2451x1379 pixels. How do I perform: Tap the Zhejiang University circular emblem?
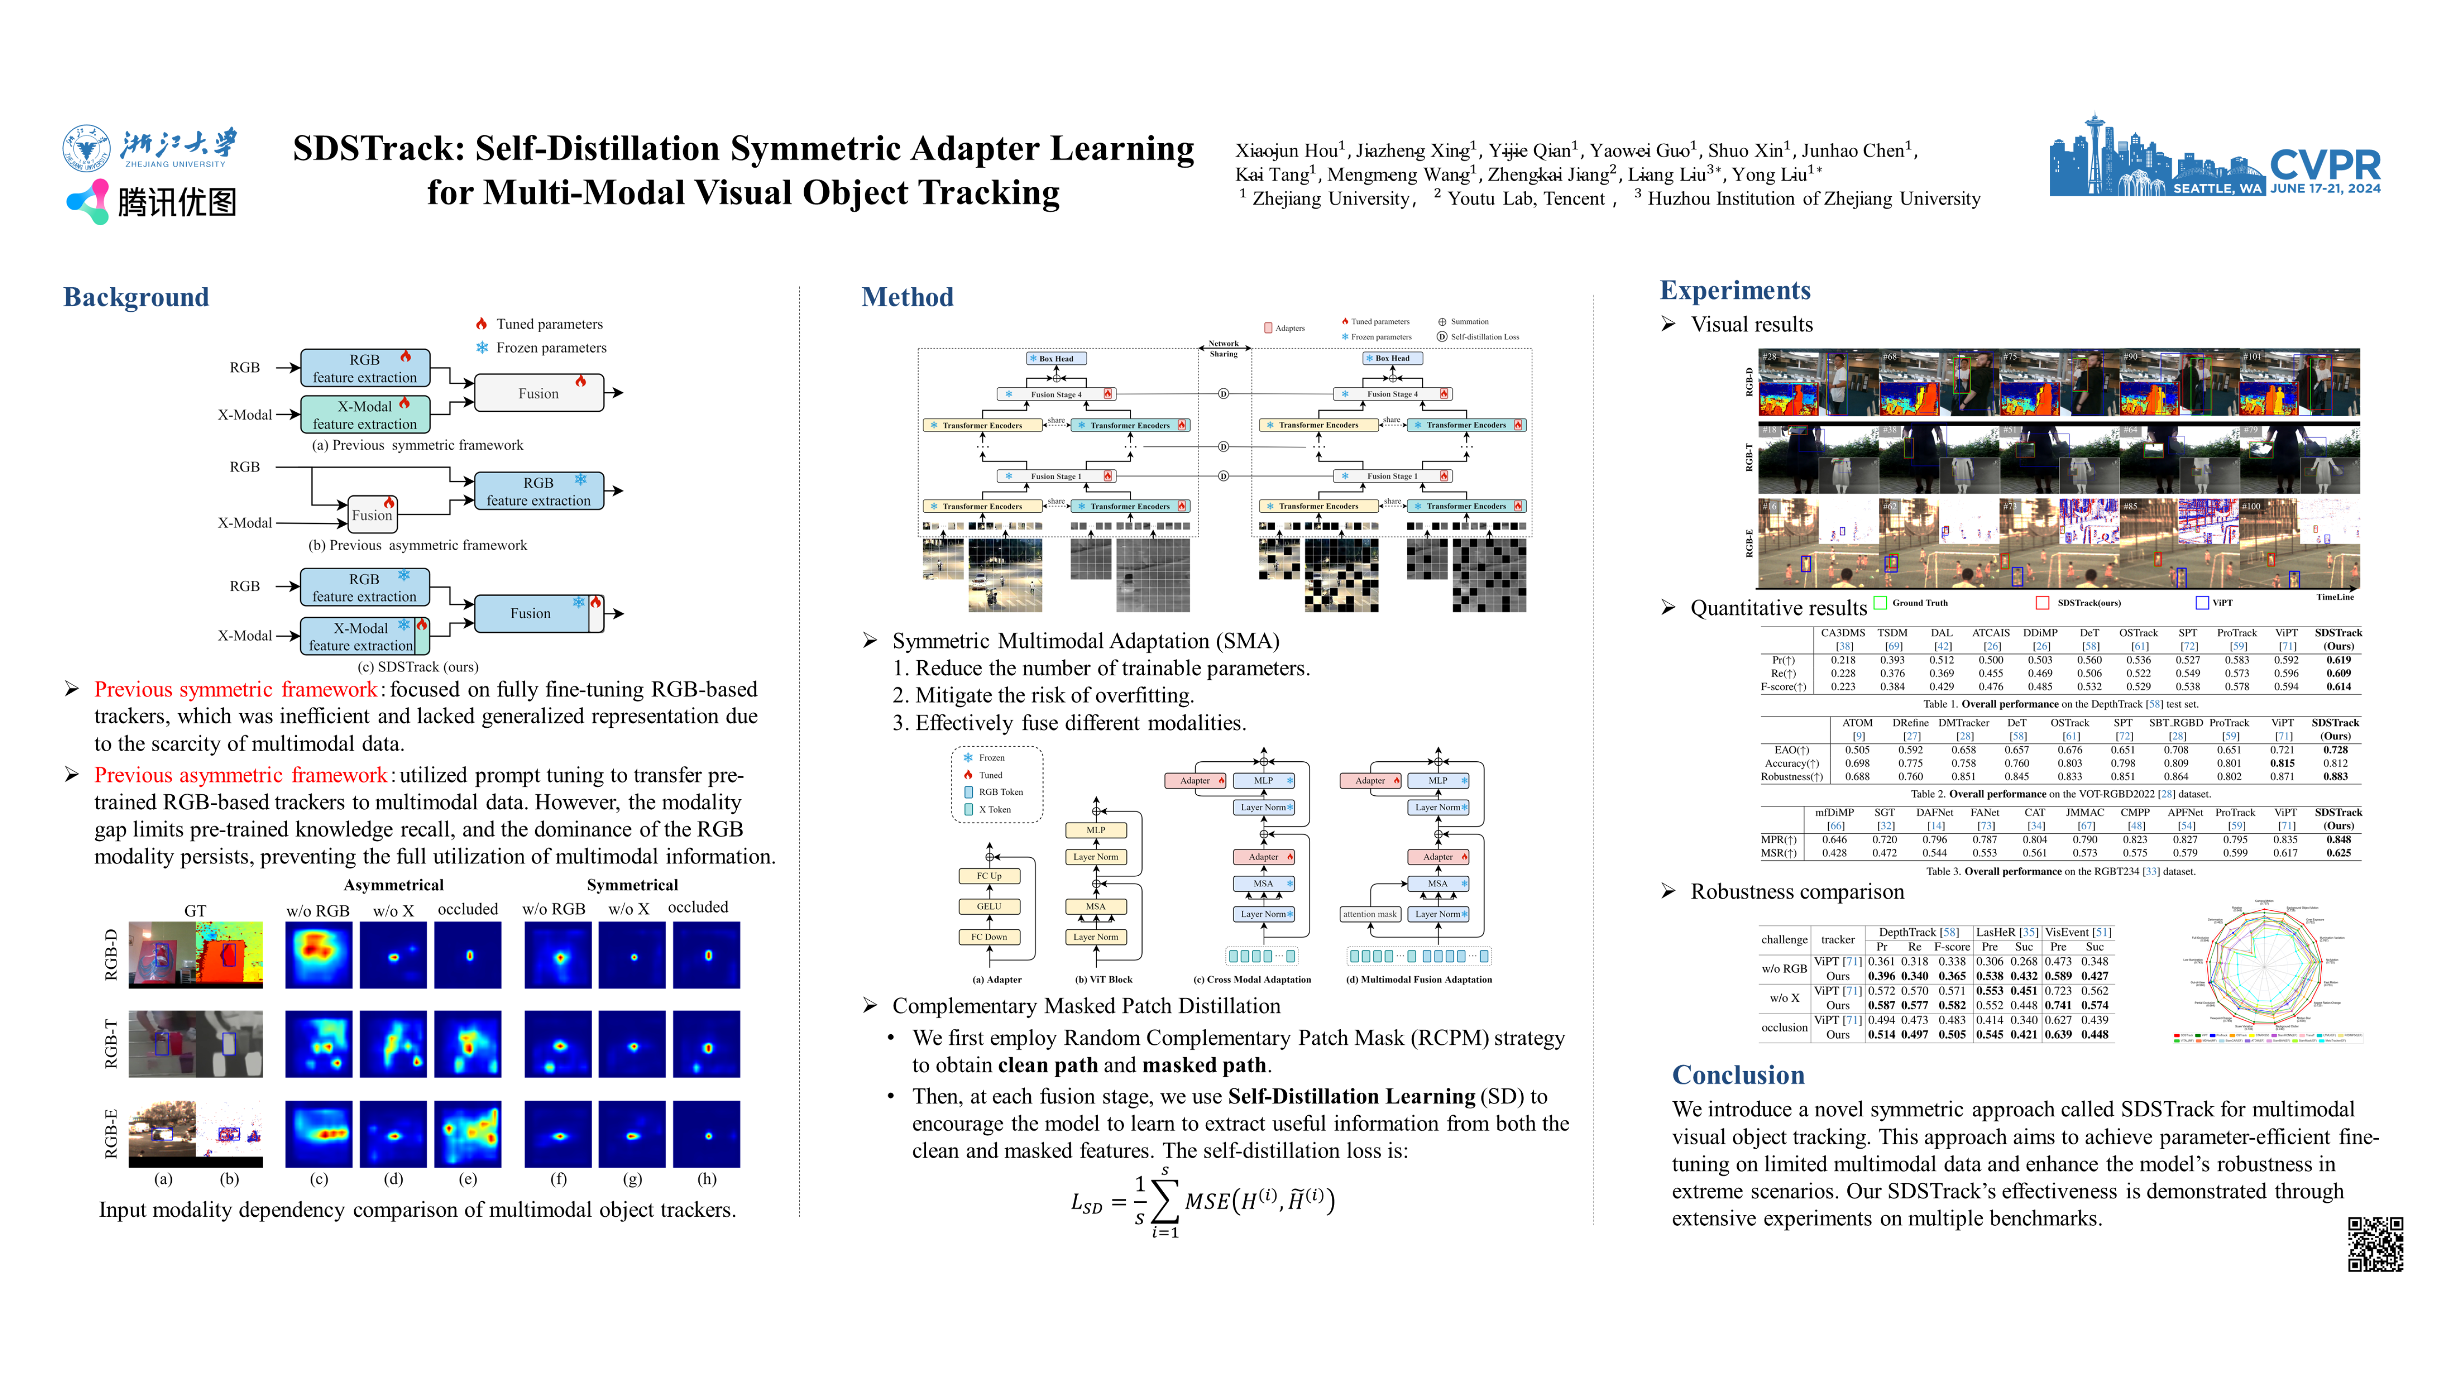(x=87, y=149)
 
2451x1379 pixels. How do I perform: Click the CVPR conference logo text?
(x=2325, y=165)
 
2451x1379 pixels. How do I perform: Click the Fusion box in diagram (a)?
(x=539, y=393)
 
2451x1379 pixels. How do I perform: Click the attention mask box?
(x=1369, y=914)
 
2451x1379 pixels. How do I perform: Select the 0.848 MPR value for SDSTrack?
(x=2338, y=839)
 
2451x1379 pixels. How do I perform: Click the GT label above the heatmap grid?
(x=195, y=911)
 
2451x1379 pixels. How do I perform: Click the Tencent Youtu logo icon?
(x=88, y=201)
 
